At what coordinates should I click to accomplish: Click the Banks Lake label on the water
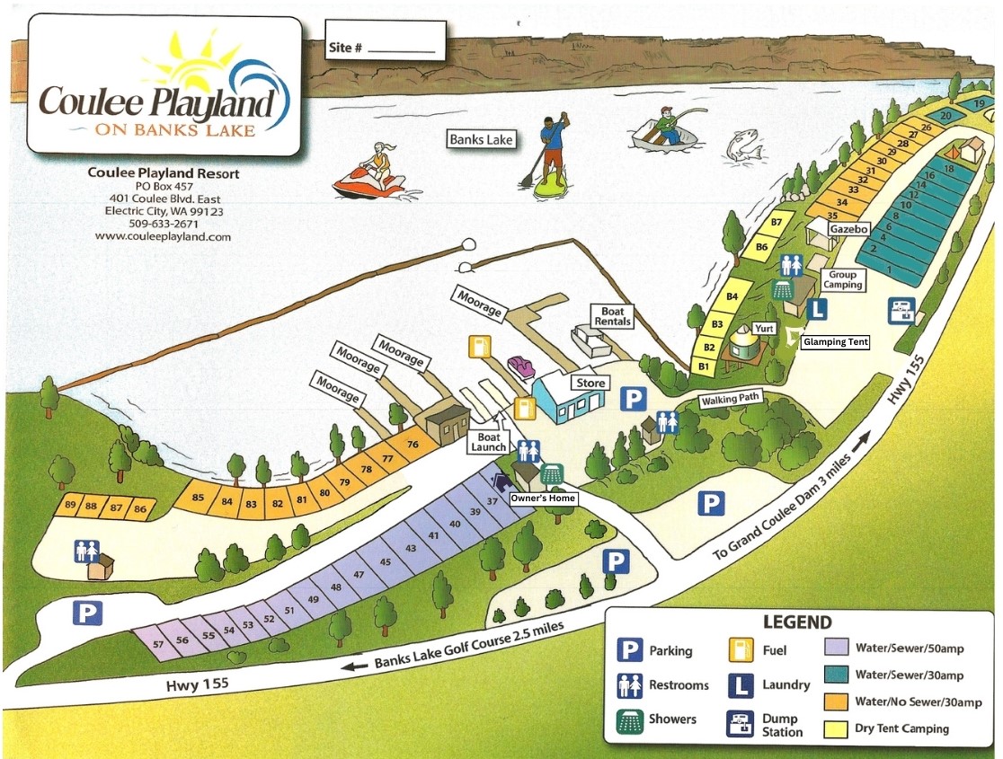pos(483,139)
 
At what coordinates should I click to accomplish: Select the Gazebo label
pos(848,230)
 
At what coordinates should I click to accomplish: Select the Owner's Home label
pos(542,498)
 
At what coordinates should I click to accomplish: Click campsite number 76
pos(413,445)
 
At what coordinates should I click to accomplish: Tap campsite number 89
pos(70,507)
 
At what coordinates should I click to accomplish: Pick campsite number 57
pos(158,644)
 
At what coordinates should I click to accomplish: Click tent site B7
pos(778,221)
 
